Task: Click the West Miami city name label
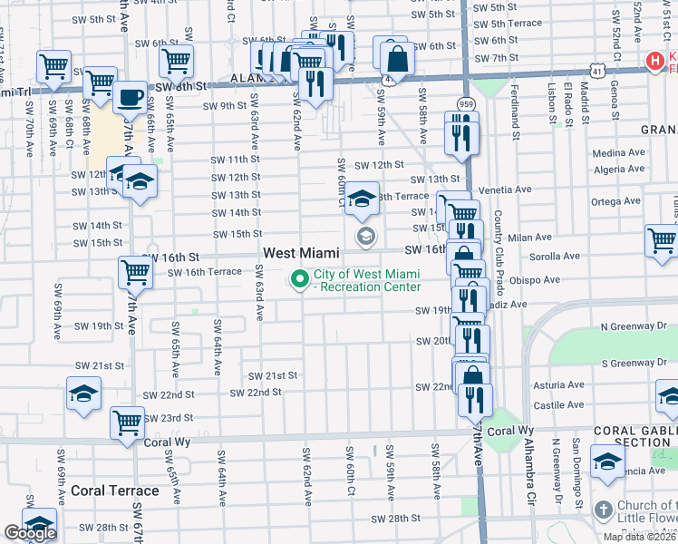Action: (x=301, y=253)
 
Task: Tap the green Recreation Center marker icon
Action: (x=297, y=278)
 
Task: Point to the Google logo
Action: (x=30, y=533)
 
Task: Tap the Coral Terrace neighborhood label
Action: (x=114, y=491)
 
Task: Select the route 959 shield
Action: (x=463, y=103)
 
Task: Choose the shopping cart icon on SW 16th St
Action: (x=134, y=269)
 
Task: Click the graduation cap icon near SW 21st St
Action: (x=83, y=393)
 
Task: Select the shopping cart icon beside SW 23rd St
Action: (x=127, y=421)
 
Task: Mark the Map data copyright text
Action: (x=640, y=537)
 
